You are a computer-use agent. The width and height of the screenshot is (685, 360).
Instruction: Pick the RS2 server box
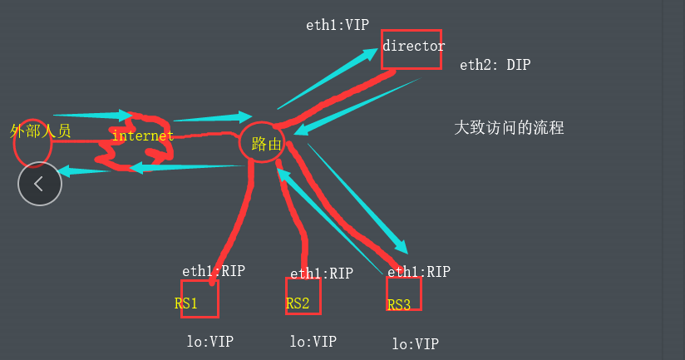pos(303,297)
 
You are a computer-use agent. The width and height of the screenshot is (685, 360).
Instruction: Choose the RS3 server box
pos(403,293)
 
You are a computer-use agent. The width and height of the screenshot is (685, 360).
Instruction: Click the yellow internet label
pos(142,136)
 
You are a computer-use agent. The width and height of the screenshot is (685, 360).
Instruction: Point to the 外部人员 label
pos(40,131)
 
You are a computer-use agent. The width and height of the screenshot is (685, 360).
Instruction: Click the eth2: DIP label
pos(494,64)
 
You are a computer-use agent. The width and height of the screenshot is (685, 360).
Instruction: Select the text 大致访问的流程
pos(509,128)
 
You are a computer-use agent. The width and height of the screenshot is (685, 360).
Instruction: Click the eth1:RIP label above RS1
pos(214,271)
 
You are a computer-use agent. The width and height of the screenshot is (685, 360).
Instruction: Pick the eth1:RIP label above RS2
pos(321,273)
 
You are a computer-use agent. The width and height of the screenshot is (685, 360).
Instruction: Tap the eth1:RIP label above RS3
pos(419,271)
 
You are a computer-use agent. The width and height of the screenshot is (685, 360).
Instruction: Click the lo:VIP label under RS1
pos(210,340)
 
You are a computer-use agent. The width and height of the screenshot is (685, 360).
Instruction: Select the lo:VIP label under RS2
pos(313,341)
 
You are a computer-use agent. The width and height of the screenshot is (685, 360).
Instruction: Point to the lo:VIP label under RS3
pos(415,343)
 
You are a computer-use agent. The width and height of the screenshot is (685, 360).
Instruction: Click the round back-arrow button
pos(40,183)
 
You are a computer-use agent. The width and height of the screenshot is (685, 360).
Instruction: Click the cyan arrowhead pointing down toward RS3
pos(401,246)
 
